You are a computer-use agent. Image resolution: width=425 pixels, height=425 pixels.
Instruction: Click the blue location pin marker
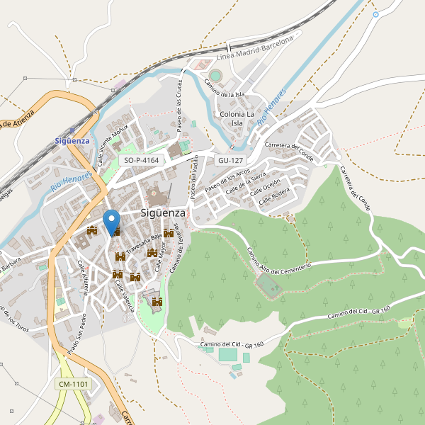tap(111, 221)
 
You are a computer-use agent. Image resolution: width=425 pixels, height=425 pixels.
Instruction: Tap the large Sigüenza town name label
tap(163, 212)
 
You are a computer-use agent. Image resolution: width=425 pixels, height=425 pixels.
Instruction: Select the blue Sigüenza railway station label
tap(72, 140)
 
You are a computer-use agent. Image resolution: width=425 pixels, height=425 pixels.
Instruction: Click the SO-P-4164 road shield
tap(142, 161)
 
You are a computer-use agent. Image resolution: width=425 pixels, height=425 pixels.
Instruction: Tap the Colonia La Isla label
tap(237, 118)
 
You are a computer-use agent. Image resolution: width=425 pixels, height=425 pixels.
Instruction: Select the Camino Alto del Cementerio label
tap(279, 259)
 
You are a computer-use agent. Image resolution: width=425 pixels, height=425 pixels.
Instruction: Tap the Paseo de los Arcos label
tap(227, 182)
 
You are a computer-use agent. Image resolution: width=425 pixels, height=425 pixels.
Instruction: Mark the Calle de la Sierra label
tap(246, 183)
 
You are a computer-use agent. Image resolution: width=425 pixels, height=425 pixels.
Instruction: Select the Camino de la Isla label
tap(225, 88)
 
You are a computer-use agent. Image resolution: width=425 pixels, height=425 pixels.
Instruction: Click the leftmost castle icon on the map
tap(91, 230)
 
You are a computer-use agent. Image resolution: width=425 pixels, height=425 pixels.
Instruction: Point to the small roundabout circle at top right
tap(375, 14)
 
